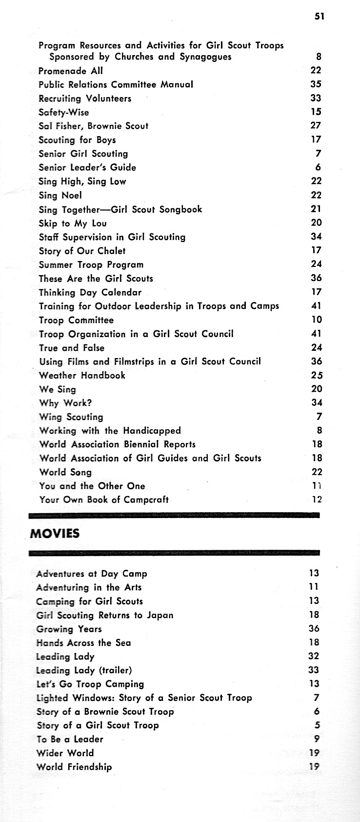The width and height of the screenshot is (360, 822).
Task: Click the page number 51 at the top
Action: (319, 16)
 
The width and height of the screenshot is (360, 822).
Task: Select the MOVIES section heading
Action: (54, 533)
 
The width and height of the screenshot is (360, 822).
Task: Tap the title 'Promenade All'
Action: (71, 71)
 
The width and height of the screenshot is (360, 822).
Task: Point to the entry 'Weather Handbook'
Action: (82, 375)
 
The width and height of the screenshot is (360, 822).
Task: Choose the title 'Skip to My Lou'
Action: (73, 223)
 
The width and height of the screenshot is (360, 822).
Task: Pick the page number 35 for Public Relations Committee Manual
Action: (316, 84)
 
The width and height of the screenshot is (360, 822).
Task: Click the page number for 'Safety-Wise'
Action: (316, 112)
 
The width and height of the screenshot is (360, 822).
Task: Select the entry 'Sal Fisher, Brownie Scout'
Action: (93, 126)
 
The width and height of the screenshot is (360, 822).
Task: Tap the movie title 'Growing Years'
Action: (69, 629)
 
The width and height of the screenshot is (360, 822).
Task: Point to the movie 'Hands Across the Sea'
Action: (83, 642)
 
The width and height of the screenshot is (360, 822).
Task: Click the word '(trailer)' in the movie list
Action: (114, 670)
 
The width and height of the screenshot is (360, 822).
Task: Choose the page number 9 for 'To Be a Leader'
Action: (317, 739)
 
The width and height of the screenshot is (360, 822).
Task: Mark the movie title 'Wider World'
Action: (65, 753)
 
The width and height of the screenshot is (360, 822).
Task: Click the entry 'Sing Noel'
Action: (60, 196)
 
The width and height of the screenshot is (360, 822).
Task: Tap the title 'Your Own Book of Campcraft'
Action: (104, 500)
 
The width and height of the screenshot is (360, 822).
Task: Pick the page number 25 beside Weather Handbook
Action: (317, 375)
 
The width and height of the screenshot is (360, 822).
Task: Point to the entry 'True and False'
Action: (72, 348)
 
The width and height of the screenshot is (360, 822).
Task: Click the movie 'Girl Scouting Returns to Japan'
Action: (105, 615)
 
